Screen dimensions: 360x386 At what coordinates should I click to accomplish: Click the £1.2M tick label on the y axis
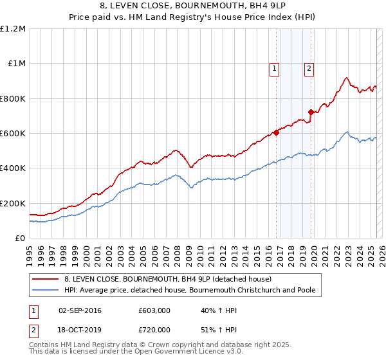coord(13,29)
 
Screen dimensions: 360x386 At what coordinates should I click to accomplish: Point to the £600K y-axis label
coord(12,134)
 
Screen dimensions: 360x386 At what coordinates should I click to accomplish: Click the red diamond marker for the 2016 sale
coord(276,133)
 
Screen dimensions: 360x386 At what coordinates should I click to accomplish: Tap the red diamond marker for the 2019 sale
coord(311,113)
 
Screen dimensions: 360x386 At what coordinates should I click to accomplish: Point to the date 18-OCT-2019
coord(80,329)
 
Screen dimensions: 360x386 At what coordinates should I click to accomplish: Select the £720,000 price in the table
coord(154,329)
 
